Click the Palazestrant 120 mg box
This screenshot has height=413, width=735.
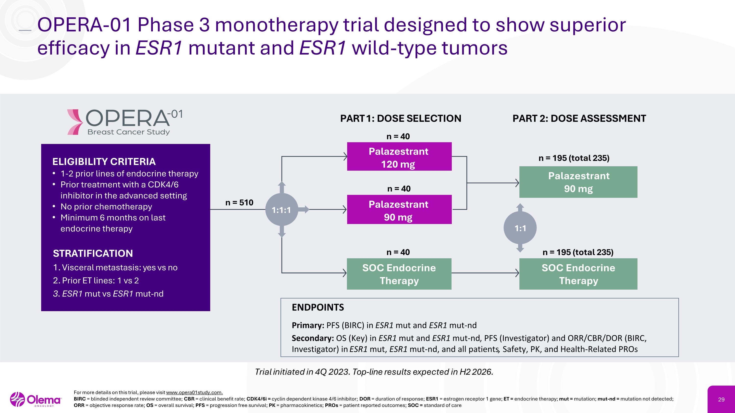tap(399, 157)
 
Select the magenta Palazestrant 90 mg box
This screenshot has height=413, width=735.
tap(399, 210)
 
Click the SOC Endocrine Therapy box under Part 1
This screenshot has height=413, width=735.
tap(399, 274)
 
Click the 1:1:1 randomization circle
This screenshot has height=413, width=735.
tap(282, 210)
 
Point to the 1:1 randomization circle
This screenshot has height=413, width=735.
tap(520, 228)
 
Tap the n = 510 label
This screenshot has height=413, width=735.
tap(239, 203)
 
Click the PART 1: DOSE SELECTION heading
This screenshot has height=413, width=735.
tap(401, 118)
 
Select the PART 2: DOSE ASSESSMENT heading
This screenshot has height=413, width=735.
tap(579, 118)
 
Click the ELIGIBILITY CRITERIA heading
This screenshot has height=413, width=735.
tap(104, 162)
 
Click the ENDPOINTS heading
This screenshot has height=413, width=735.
tap(318, 307)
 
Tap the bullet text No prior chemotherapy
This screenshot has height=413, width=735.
tap(106, 207)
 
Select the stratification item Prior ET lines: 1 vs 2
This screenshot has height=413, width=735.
tap(96, 281)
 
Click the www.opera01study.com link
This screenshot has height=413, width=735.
tap(194, 392)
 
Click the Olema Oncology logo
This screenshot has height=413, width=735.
tap(36, 400)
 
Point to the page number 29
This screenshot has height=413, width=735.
tap(721, 400)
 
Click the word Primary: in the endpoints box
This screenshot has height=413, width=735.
tap(307, 325)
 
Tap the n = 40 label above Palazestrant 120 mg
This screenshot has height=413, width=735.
tap(398, 137)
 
